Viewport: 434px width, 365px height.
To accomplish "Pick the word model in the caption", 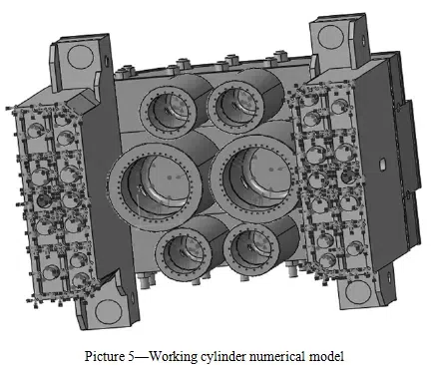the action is click(x=326, y=356).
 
